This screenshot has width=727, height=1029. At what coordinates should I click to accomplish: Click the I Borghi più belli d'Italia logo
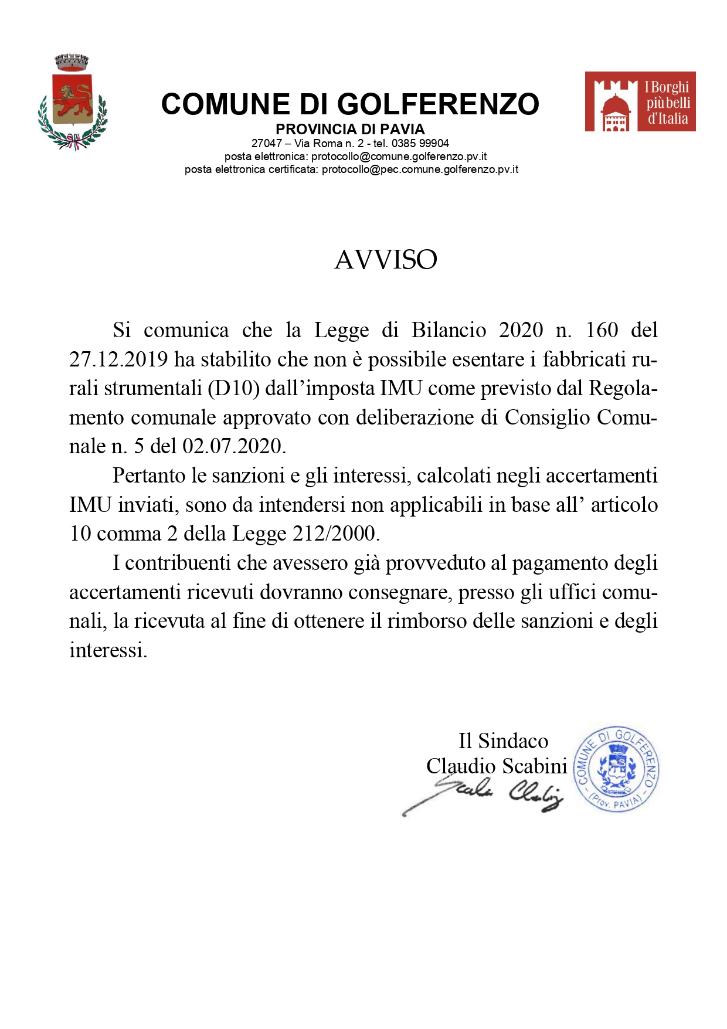(x=640, y=101)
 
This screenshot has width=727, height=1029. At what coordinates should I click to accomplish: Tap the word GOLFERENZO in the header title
(x=438, y=104)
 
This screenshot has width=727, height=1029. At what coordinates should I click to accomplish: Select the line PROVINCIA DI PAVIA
(x=350, y=129)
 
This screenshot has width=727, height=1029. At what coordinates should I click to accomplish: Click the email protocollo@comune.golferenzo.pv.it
(x=399, y=157)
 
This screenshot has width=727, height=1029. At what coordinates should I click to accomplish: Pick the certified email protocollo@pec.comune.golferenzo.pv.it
(x=420, y=169)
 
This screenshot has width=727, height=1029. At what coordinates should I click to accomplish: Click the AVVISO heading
(x=386, y=260)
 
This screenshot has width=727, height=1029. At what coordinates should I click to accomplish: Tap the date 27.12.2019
(x=118, y=359)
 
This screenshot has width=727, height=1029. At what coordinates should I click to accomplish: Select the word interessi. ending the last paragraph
(x=108, y=650)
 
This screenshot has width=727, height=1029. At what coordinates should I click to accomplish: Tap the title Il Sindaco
(x=503, y=741)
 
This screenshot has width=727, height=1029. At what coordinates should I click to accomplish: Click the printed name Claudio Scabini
(x=497, y=766)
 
